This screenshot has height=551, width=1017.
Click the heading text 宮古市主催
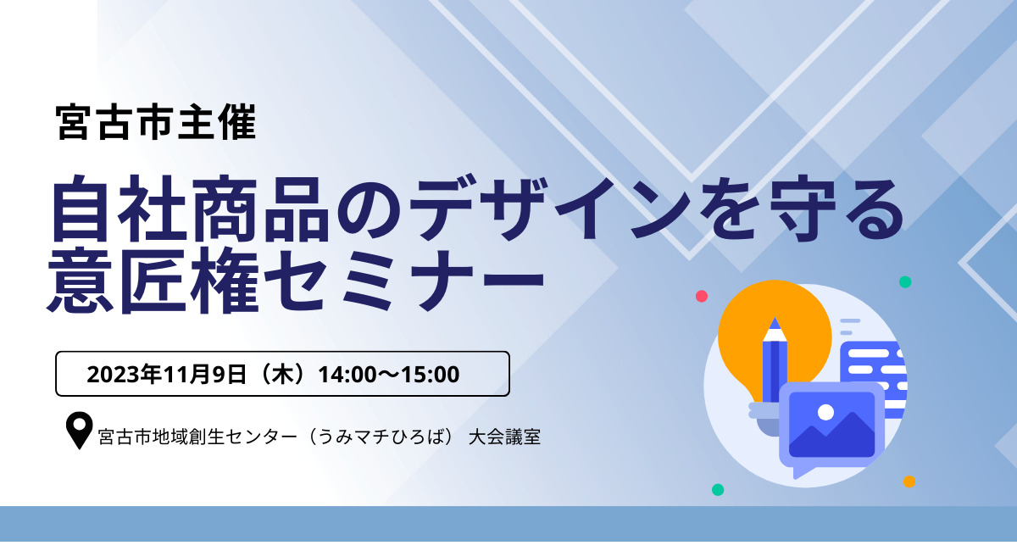(x=156, y=122)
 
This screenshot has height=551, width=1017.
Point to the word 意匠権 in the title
(x=153, y=281)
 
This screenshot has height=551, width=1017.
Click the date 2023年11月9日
(x=167, y=375)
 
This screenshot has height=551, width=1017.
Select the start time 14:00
(x=347, y=375)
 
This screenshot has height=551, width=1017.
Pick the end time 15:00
(x=430, y=375)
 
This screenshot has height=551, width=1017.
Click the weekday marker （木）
(x=283, y=375)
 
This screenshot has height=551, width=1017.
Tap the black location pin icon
(x=80, y=430)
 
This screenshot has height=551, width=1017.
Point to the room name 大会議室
(x=504, y=437)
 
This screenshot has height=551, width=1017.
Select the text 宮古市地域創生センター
(x=197, y=437)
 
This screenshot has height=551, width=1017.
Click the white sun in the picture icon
(x=825, y=413)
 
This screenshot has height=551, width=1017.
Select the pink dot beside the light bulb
(x=702, y=296)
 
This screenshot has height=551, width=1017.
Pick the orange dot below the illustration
(x=909, y=481)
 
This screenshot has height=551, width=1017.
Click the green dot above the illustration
(x=905, y=282)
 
